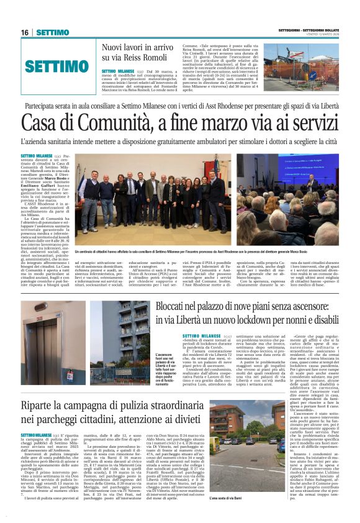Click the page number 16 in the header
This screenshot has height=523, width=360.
(24, 32)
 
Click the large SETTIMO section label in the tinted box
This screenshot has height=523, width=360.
(58, 67)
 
